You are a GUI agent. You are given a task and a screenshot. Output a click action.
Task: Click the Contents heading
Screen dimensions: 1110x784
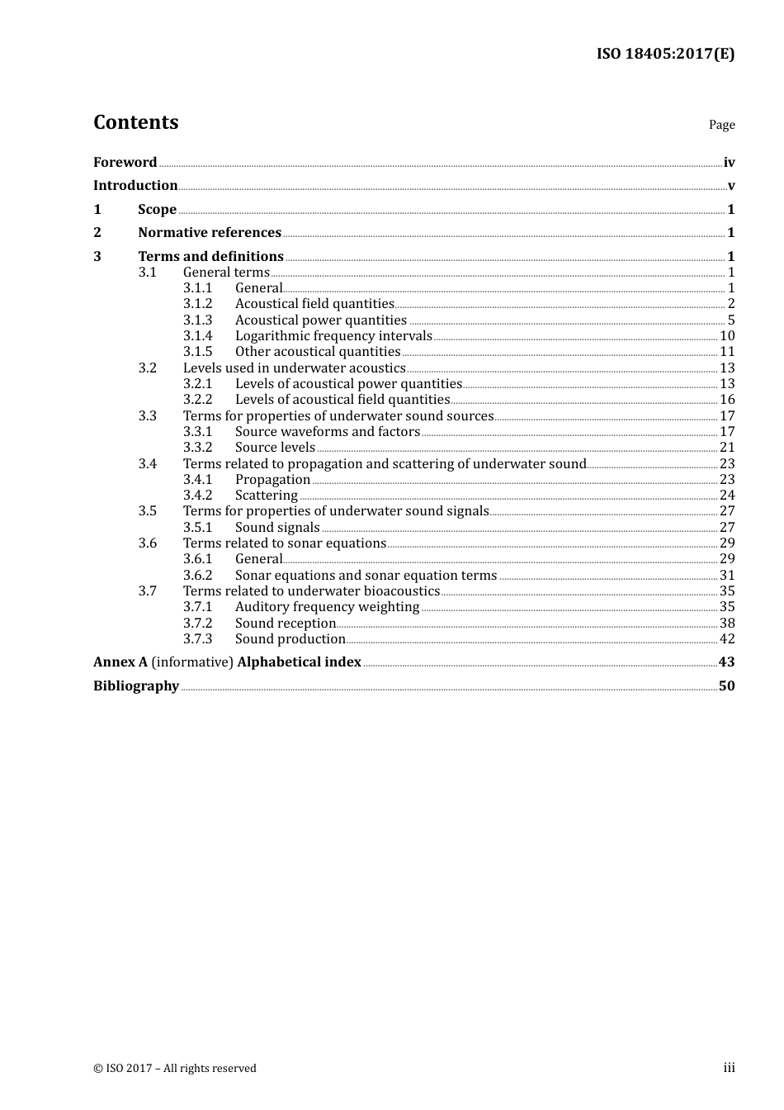135,122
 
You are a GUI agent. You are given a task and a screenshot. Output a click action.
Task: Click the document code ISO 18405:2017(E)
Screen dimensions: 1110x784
665,55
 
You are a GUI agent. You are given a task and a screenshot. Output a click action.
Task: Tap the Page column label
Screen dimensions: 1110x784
721,125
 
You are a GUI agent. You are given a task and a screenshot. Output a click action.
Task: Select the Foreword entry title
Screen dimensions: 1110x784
125,163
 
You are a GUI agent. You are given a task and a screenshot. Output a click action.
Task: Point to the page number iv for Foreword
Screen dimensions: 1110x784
729,163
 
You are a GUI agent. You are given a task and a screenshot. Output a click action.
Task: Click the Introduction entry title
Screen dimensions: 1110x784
135,186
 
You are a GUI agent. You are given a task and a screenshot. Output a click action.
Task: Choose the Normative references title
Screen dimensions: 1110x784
210,233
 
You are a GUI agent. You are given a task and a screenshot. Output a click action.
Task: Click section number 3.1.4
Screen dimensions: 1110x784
197,336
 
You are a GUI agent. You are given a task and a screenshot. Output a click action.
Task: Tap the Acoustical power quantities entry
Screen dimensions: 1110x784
320,320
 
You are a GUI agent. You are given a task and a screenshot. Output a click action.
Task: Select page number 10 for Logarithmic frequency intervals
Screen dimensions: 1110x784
726,336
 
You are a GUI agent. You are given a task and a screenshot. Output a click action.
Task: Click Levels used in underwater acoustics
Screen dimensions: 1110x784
294,368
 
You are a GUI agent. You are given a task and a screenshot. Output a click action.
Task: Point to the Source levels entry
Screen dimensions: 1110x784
275,448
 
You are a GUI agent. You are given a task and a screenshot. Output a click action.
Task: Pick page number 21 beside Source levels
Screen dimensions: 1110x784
726,448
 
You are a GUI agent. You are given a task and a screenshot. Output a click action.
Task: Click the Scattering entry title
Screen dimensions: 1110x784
266,496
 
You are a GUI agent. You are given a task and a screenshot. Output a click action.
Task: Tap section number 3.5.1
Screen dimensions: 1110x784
197,528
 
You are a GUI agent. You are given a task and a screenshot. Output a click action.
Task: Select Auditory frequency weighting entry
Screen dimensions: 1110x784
327,607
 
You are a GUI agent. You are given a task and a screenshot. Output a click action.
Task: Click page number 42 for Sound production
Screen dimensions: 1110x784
726,639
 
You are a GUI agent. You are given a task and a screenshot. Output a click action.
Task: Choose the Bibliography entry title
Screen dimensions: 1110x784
136,686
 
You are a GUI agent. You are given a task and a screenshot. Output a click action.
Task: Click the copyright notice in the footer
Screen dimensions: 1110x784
175,1069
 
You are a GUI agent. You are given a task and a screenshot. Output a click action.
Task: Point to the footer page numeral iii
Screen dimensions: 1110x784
729,1068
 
